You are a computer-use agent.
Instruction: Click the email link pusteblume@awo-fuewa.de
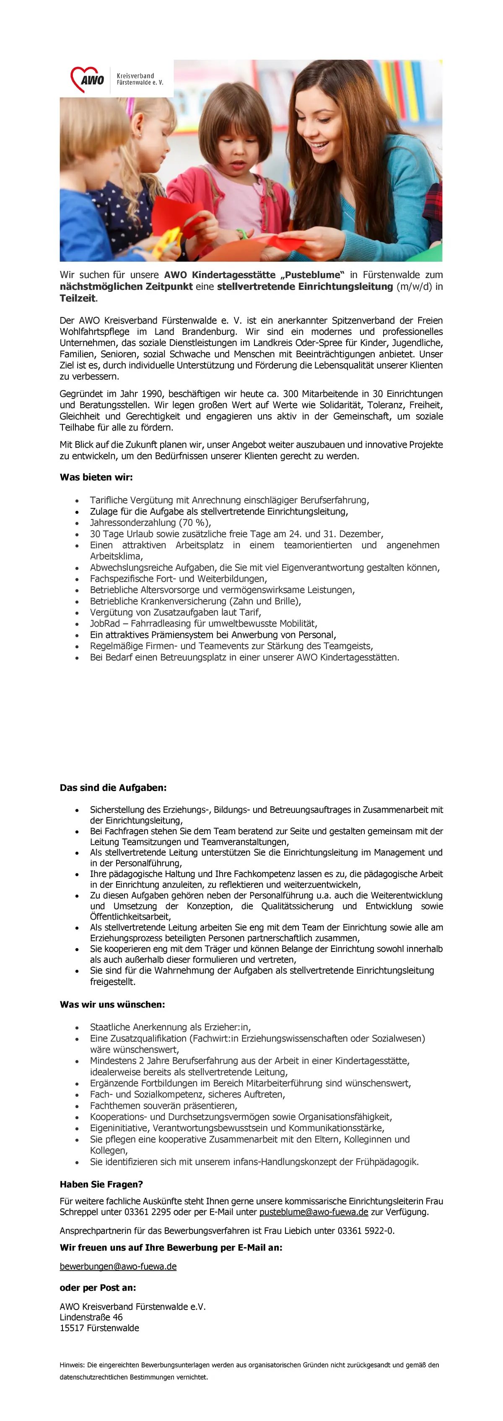pyautogui.click(x=314, y=1212)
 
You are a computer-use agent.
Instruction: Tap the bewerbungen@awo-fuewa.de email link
pyautogui.click(x=118, y=1266)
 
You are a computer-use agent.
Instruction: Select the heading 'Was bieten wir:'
pyautogui.click(x=96, y=477)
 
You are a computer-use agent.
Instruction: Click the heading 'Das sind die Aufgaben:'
pyautogui.click(x=113, y=787)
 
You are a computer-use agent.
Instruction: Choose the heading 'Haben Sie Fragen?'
pyautogui.click(x=101, y=1184)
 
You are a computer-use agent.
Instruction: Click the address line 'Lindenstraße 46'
pyautogui.click(x=91, y=1317)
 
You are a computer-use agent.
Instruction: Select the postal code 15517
pyautogui.click(x=71, y=1328)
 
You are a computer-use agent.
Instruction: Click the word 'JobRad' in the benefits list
pyautogui.click(x=105, y=623)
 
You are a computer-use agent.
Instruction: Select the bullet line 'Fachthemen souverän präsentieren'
pyautogui.click(x=163, y=1106)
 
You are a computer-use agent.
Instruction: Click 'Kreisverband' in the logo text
pyautogui.click(x=135, y=75)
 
